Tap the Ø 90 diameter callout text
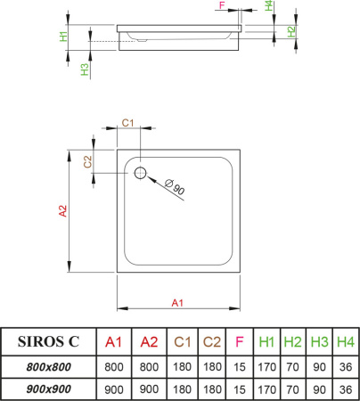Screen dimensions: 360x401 (x=175, y=187)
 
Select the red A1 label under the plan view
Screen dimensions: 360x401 (x=177, y=303)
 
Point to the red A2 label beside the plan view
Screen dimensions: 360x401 (x=63, y=211)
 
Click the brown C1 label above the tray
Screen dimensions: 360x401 (x=128, y=123)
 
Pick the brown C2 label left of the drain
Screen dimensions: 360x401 (x=87, y=162)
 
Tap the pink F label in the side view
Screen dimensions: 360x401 (x=222, y=5)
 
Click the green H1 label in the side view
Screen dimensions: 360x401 (x=64, y=37)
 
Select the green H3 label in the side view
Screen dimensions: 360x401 (x=85, y=70)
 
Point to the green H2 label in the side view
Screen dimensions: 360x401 (x=291, y=31)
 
